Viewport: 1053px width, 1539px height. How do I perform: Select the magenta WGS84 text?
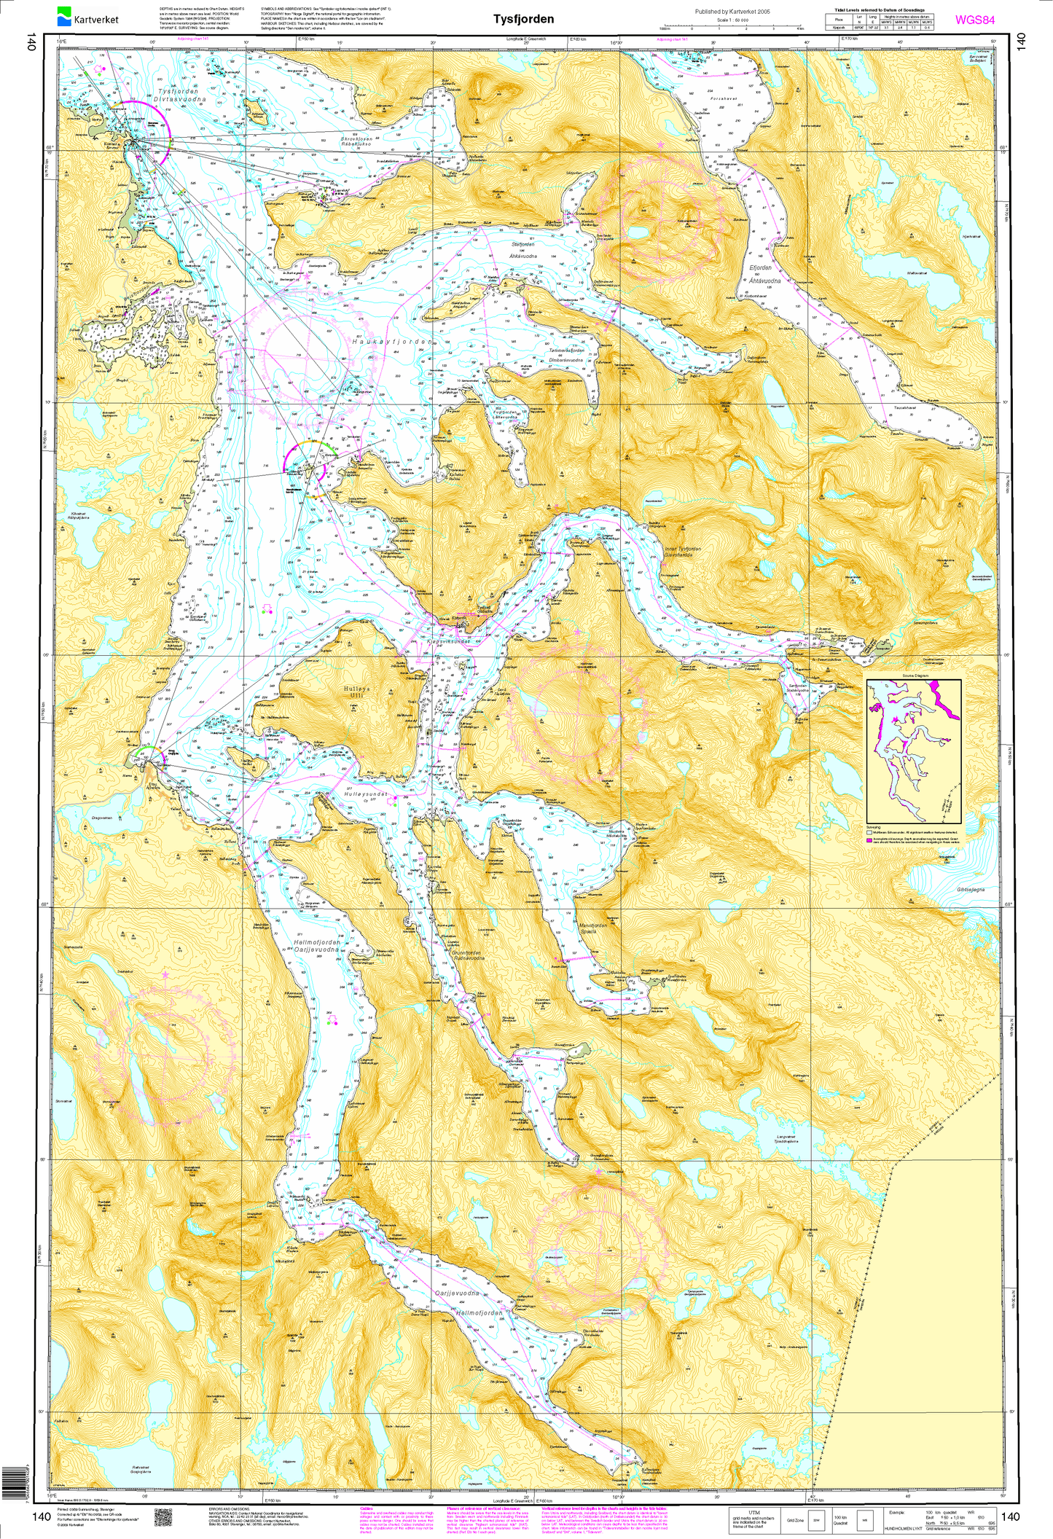click(x=974, y=20)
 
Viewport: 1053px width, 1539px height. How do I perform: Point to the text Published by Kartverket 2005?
click(x=732, y=12)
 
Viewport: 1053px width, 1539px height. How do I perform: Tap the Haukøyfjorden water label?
click(x=392, y=341)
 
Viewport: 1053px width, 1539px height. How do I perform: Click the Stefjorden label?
click(x=523, y=247)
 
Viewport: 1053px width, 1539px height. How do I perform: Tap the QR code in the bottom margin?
click(x=162, y=1516)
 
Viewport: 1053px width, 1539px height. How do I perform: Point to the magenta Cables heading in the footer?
click(x=367, y=1508)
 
